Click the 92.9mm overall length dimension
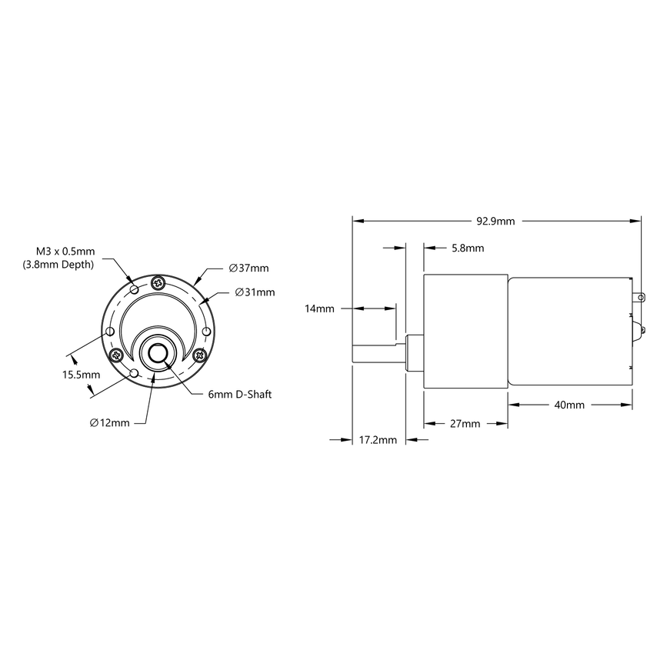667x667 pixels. point(495,221)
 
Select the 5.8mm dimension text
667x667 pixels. point(468,248)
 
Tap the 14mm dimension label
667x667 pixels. point(319,308)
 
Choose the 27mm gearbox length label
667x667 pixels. point(465,424)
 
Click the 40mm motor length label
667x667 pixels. point(569,405)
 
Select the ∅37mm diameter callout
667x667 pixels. point(249,268)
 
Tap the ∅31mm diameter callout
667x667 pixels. point(255,292)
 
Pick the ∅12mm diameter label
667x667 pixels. point(109,422)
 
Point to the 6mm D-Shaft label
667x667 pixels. point(240,394)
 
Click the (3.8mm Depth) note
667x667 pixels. point(65,265)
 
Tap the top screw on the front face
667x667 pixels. point(158,282)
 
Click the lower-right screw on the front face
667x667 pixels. point(200,355)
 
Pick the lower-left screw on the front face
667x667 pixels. point(117,355)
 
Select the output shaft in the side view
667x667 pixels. point(378,355)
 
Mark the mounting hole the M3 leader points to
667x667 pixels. point(135,289)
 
